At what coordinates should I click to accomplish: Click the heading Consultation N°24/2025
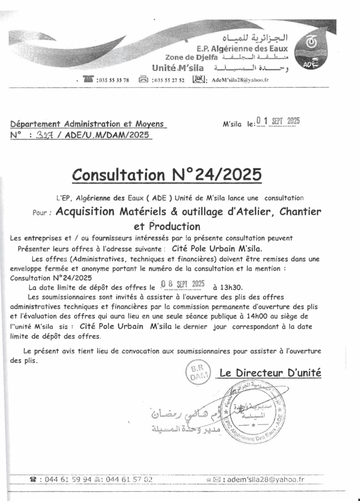pyautogui.click(x=166, y=174)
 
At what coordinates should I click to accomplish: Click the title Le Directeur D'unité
pyautogui.click(x=270, y=373)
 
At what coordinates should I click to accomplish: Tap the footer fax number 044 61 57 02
pyautogui.click(x=129, y=479)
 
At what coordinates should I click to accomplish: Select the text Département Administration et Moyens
pyautogui.click(x=88, y=124)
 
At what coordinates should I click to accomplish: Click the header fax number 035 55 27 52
pyautogui.click(x=168, y=80)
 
